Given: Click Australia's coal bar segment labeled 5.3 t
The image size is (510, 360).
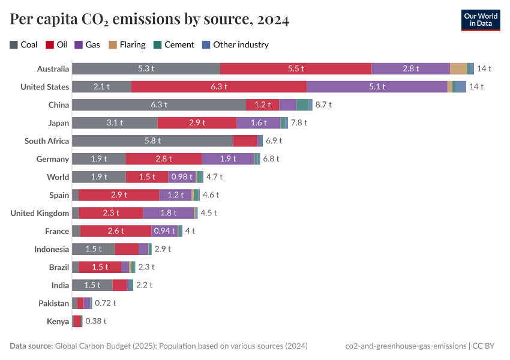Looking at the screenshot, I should click(146, 68).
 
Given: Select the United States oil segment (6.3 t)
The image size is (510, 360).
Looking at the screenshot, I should click(218, 86).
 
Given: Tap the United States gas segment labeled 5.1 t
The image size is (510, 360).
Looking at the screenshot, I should click(377, 86).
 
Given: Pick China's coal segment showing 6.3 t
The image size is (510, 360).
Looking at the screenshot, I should click(158, 104).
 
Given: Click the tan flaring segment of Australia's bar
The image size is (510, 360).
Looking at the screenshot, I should click(458, 68).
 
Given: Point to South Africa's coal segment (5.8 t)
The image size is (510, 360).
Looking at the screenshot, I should click(152, 141).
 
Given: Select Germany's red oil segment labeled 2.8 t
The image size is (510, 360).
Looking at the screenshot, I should click(163, 159).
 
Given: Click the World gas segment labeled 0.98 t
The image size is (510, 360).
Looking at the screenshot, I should click(181, 177).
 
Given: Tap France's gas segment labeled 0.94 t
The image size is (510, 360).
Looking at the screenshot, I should click(164, 231).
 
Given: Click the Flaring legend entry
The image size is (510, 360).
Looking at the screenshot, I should click(127, 44).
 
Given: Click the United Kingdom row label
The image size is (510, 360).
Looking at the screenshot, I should click(40, 213).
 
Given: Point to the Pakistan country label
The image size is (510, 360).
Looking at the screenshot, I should click(53, 303).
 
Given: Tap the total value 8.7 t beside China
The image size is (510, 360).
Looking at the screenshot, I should click(323, 104).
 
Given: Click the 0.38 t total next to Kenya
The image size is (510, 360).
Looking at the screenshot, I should click(96, 321).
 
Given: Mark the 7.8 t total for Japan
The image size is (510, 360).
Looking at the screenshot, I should click(299, 122).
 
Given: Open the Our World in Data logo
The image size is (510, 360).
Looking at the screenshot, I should click(481, 19).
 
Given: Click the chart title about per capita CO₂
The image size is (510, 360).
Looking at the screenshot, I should click(149, 20).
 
